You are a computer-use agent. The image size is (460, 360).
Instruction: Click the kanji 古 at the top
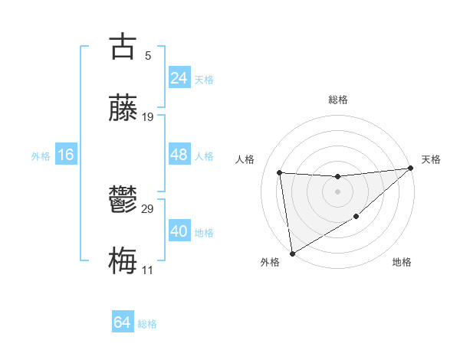[123, 47]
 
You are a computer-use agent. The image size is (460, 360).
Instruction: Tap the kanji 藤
[123, 108]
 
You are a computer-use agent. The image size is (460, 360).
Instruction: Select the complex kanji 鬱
[123, 201]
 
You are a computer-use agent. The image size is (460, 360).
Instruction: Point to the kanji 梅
[123, 261]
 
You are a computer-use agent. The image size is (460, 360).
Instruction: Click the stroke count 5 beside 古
[147, 56]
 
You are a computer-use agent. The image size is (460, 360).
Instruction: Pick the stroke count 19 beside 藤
[148, 117]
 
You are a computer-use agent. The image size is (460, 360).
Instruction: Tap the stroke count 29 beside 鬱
[148, 209]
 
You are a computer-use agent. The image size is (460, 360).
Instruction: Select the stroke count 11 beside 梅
[147, 270]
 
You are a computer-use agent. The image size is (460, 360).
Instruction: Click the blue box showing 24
[179, 77]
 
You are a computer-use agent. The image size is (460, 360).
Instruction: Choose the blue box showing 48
[179, 155]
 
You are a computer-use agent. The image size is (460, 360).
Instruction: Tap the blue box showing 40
[179, 231]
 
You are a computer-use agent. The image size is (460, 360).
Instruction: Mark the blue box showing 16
[66, 155]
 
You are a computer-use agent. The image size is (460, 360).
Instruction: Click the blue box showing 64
[123, 322]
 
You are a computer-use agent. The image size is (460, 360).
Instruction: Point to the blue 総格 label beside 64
[147, 324]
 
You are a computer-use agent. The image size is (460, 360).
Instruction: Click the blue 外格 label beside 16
[41, 156]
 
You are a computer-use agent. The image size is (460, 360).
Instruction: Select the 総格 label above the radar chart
[337, 100]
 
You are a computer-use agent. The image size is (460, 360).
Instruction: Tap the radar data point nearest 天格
[410, 169]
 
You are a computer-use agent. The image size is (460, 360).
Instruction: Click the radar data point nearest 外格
[291, 254]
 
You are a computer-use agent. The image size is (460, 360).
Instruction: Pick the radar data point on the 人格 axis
[280, 172]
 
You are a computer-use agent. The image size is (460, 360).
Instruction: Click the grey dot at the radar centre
[337, 191]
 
